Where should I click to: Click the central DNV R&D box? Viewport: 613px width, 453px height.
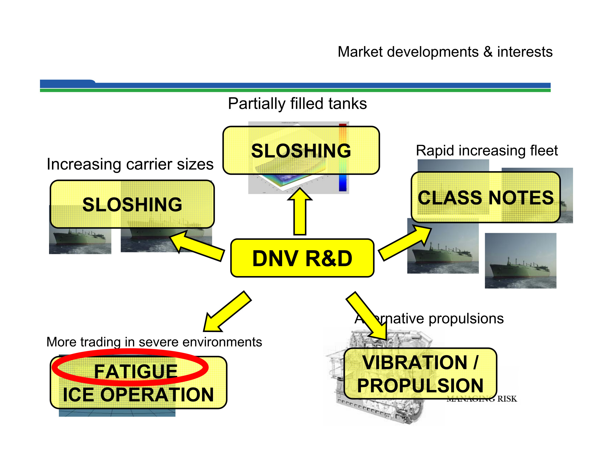tap(302, 258)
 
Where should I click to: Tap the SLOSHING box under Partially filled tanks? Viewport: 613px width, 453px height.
tap(301, 151)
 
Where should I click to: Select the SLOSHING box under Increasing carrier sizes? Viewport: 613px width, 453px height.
tap(132, 204)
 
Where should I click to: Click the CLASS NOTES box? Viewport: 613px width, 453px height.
tap(485, 197)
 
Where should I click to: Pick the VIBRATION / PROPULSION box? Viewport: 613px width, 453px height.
tap(420, 374)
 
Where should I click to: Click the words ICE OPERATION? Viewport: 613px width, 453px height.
tap(138, 395)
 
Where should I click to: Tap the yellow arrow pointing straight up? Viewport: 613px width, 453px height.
tap(300, 213)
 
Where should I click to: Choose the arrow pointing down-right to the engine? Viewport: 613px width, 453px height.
tap(368, 315)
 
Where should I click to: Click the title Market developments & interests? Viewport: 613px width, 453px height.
tap(445, 52)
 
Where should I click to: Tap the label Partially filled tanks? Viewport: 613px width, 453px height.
tap(297, 104)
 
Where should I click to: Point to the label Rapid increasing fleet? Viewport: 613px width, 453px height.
tap(487, 151)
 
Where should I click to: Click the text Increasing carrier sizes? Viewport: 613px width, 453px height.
tap(130, 164)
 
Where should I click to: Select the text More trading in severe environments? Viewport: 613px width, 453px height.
tap(154, 342)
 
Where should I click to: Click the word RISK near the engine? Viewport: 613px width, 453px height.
tap(507, 399)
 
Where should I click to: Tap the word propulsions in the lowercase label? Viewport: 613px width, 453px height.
tap(466, 319)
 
